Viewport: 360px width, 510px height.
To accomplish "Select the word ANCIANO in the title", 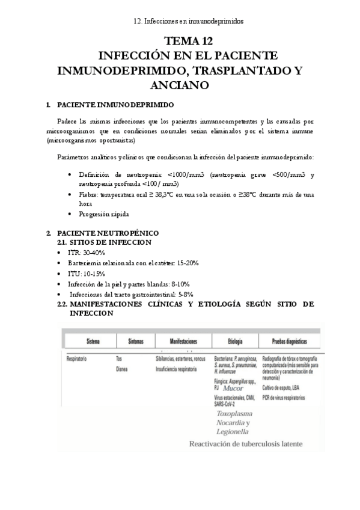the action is (180, 85).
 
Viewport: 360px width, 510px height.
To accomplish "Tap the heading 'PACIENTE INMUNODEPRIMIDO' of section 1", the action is (114, 105).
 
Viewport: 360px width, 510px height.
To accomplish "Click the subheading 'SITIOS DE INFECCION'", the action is (111, 242).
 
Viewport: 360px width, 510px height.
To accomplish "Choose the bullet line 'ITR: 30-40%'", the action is (88, 253).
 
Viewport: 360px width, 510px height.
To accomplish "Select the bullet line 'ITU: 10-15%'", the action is (88, 273).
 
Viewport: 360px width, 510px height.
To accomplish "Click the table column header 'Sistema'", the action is (93, 341).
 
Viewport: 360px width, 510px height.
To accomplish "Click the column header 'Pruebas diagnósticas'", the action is (290, 341).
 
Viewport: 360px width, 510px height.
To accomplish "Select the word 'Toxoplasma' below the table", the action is (234, 414).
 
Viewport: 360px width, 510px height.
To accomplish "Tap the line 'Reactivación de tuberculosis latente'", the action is (246, 444).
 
